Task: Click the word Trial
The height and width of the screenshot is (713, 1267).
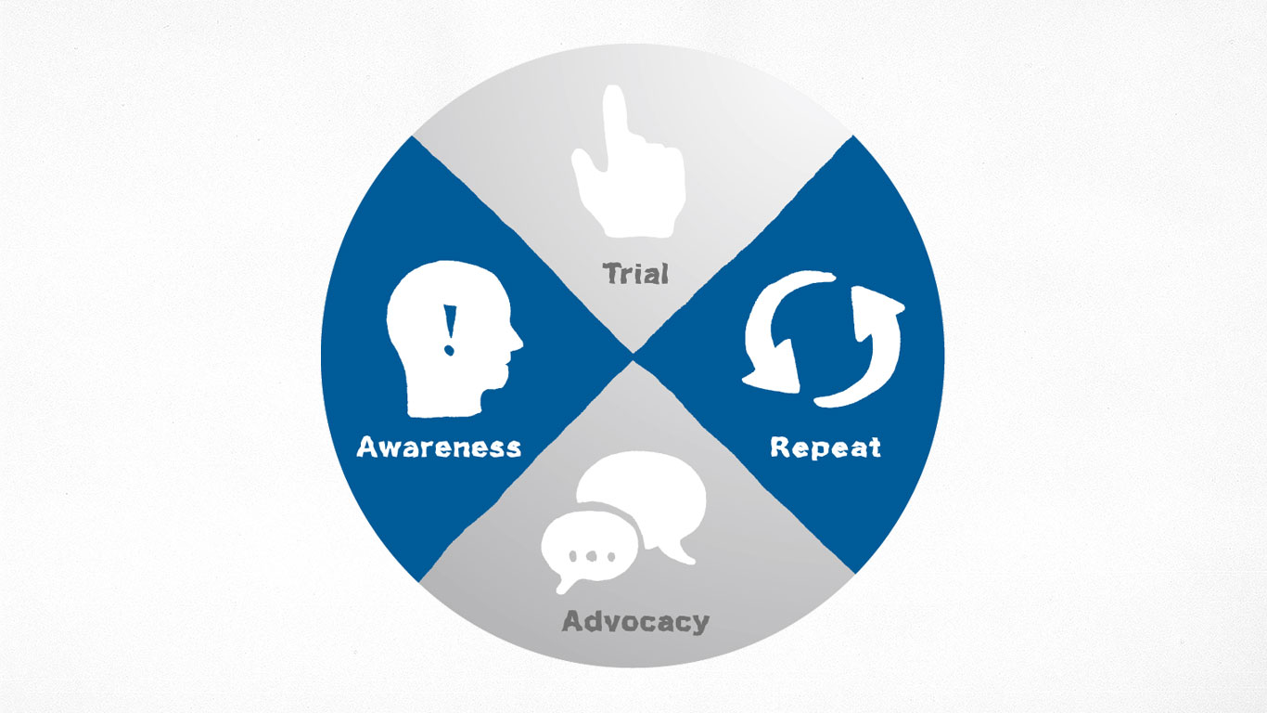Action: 635,274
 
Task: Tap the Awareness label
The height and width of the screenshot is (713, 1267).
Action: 439,447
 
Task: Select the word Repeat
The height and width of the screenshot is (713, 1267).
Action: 825,447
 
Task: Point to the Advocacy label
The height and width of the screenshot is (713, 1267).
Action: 635,621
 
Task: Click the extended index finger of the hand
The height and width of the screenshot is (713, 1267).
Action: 613,121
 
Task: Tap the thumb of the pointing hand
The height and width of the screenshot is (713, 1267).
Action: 583,172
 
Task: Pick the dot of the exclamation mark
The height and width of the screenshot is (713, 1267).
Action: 450,350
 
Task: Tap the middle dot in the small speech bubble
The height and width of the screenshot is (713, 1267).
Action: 589,557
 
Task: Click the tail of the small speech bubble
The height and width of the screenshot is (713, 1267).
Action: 563,585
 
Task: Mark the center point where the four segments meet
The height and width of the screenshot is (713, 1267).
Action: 633,353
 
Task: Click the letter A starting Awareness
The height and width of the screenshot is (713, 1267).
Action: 367,447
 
